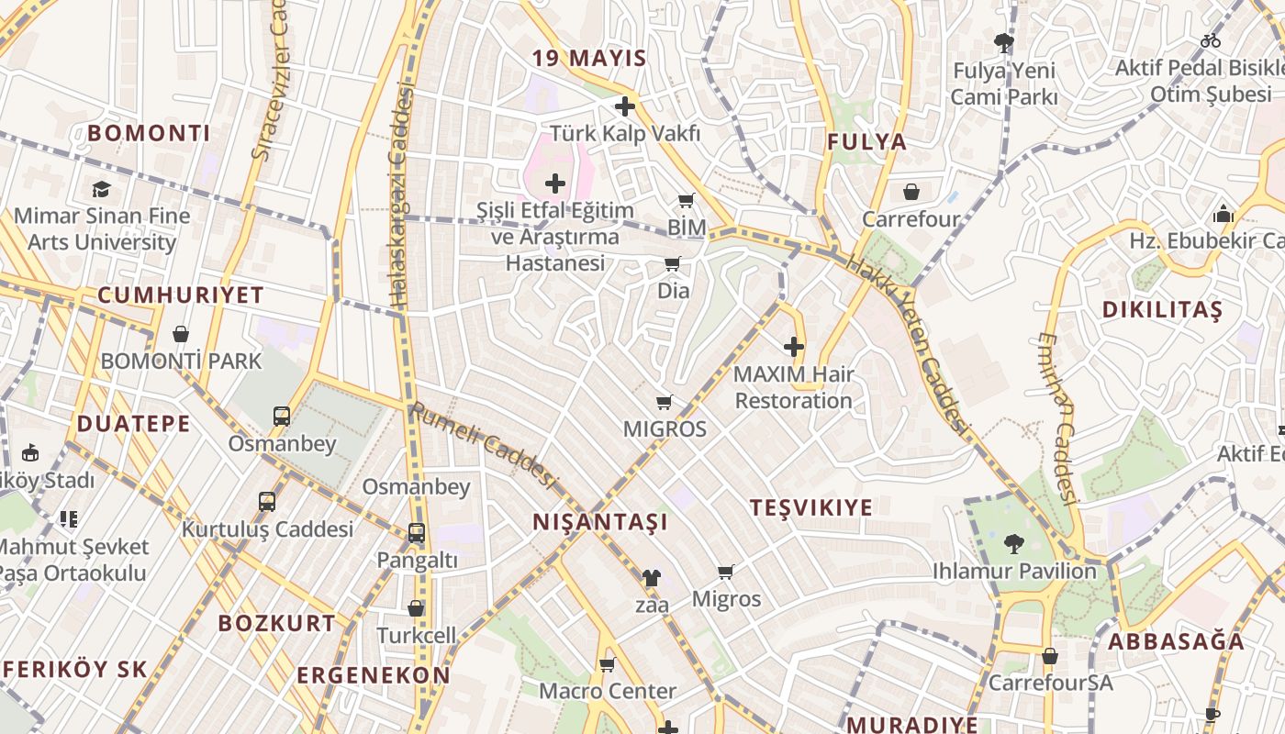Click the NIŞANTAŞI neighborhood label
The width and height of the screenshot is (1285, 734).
click(x=600, y=522)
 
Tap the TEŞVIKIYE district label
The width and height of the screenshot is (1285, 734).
click(x=810, y=507)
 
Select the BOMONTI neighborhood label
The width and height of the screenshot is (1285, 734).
click(x=149, y=133)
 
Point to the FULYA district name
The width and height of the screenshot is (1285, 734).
click(x=866, y=142)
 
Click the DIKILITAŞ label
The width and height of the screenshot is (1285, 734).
click(x=1162, y=310)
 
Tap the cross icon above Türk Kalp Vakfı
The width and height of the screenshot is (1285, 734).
click(x=625, y=106)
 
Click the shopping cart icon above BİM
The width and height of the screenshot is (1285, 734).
click(x=686, y=200)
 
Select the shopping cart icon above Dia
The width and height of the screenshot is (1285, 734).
click(x=673, y=264)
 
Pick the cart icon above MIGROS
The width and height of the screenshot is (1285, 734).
click(x=665, y=402)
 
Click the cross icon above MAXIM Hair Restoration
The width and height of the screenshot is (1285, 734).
click(x=794, y=347)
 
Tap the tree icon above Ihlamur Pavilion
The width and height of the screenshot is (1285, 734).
click(x=1013, y=544)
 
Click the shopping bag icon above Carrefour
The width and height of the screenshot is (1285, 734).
click(x=911, y=192)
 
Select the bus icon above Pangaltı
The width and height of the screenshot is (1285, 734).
click(x=416, y=532)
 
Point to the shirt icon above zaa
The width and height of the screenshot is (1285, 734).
click(x=651, y=578)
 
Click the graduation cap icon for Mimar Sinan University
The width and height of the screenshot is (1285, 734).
click(x=101, y=189)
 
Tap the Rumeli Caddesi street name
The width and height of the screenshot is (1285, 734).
click(x=484, y=445)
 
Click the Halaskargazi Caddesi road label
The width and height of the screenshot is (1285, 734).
click(x=401, y=197)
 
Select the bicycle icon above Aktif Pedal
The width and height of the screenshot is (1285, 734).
click(x=1211, y=40)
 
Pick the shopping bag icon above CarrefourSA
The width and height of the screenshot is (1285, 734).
click(x=1049, y=656)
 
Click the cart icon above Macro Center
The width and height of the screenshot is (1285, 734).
click(x=607, y=664)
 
